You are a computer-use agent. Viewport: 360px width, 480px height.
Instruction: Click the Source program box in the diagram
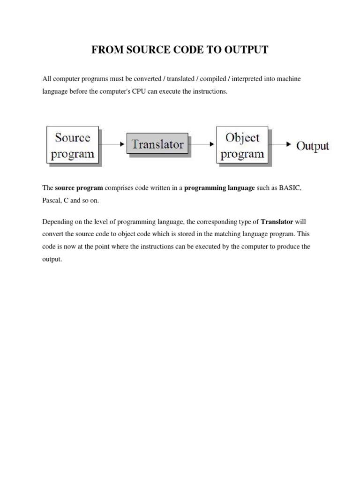[x=73, y=145]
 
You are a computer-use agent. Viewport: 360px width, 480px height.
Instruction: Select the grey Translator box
[x=157, y=144]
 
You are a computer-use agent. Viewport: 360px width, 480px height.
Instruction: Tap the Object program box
[x=242, y=145]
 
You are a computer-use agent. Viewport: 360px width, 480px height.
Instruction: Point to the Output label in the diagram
[x=313, y=145]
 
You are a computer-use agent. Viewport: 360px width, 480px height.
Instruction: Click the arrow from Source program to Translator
[x=113, y=145]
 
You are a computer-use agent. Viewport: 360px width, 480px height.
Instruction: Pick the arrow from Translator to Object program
[x=202, y=144]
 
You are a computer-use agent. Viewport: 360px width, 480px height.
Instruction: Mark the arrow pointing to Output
[x=282, y=144]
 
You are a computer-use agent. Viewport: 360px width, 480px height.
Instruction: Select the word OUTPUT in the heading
[x=248, y=50]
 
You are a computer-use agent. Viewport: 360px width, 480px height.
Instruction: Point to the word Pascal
[x=52, y=200]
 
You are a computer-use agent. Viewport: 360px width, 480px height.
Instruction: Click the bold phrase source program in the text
[x=79, y=188]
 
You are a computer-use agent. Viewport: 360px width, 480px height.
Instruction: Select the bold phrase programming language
[x=219, y=188]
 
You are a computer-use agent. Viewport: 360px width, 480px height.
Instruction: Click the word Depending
[x=56, y=221]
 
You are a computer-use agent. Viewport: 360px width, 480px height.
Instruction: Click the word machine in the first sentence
[x=289, y=79]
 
